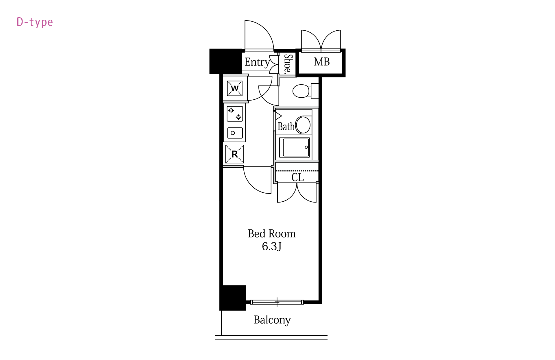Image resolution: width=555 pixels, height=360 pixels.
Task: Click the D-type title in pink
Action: click(x=35, y=22)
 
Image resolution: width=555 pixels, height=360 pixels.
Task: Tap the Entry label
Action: click(x=257, y=62)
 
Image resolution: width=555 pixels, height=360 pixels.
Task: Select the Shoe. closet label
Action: click(x=288, y=64)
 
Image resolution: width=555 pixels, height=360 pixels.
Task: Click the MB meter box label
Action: click(x=322, y=62)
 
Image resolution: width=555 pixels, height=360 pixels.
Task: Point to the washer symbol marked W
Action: click(x=235, y=88)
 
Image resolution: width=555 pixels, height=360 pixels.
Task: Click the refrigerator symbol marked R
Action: click(x=234, y=154)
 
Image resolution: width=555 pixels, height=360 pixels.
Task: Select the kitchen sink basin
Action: click(x=235, y=133)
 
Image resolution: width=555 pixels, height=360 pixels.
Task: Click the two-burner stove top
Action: click(x=235, y=114)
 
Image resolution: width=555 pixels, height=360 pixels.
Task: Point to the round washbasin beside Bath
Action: click(x=303, y=125)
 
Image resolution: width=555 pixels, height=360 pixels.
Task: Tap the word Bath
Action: click(x=286, y=127)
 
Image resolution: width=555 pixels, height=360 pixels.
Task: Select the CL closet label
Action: click(x=297, y=177)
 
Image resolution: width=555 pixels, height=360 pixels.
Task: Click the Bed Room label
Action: click(x=272, y=234)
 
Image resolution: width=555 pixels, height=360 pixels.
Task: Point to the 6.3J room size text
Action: click(x=272, y=246)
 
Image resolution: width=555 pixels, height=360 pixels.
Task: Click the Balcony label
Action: click(x=272, y=320)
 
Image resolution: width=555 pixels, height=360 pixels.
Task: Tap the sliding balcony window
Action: click(x=277, y=302)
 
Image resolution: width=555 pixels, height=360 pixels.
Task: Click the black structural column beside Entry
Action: click(x=225, y=61)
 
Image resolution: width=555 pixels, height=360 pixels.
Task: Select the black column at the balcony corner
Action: click(x=233, y=298)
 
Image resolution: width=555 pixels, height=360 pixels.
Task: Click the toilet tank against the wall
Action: click(x=315, y=91)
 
